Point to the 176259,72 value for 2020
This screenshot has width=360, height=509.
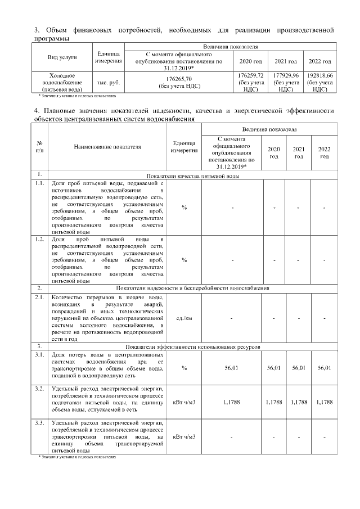click(x=251, y=75)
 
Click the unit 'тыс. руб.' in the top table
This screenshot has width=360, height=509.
click(x=108, y=82)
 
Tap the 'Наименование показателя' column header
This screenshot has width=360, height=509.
click(x=107, y=147)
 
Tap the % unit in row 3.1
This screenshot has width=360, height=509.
click(x=184, y=368)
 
